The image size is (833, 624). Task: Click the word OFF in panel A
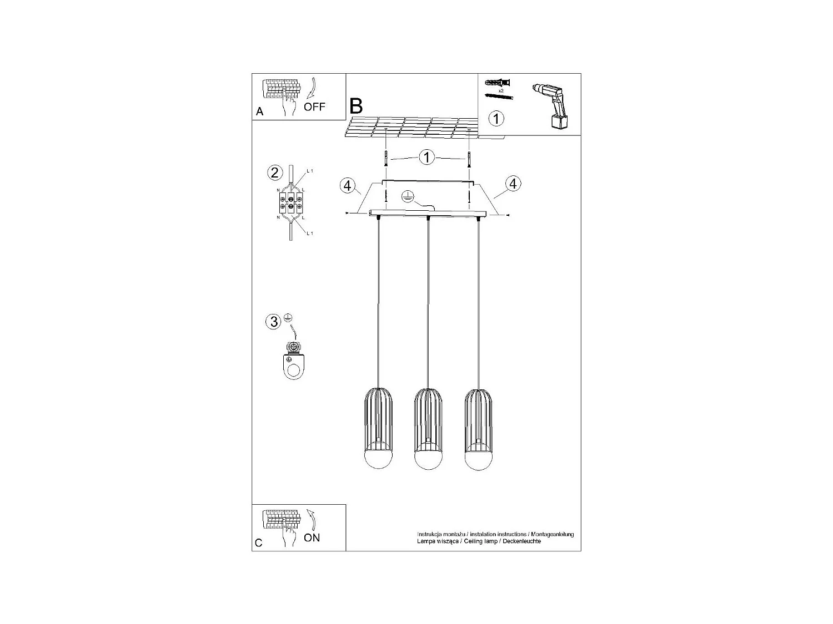pos(314,106)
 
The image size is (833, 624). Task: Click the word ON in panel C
pos(312,537)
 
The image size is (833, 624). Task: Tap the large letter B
pos(356,105)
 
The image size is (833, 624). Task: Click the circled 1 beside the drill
pos(496,118)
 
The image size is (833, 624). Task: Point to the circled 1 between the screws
pos(426,158)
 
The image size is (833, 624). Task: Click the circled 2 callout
pos(274,173)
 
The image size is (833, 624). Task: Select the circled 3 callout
pos(274,322)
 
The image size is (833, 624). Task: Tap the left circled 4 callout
pos(348,185)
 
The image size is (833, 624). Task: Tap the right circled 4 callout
pos(513,184)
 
